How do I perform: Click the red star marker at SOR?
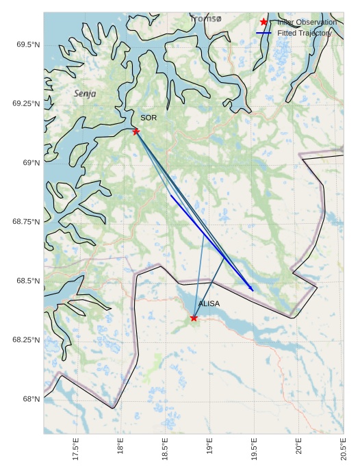136,131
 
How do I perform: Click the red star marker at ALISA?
194,318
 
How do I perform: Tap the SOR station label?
149,118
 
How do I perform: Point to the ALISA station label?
209,303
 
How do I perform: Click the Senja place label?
85,93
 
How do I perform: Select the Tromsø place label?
206,18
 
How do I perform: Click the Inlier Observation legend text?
307,23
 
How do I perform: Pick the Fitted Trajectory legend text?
305,33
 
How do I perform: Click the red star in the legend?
263,23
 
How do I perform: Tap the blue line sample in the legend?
263,33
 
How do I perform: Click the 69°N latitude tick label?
29,163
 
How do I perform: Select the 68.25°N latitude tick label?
25,340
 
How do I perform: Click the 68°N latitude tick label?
29,399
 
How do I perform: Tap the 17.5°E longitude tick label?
76,450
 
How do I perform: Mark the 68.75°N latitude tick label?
25,222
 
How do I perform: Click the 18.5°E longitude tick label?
165,450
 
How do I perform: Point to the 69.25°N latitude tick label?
25,103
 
